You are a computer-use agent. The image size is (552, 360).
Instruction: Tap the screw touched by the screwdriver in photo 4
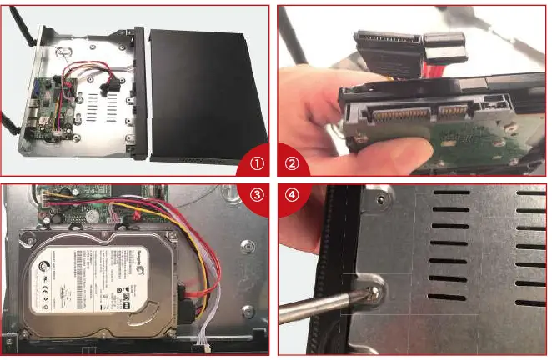[372, 288]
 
